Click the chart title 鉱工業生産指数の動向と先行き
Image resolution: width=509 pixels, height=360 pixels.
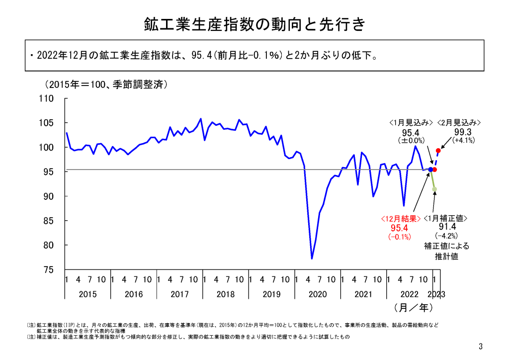(x=254, y=24)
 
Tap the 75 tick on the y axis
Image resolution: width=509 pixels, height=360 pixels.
(x=48, y=270)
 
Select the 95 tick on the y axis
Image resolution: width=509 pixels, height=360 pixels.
(x=48, y=172)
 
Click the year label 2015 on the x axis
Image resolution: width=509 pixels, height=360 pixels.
(x=87, y=294)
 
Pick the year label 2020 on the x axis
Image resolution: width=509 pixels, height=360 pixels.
(x=318, y=294)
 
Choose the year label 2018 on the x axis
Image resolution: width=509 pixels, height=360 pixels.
(x=226, y=294)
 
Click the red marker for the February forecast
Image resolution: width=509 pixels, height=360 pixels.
(x=438, y=150)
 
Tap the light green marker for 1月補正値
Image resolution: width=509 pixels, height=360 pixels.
(x=435, y=189)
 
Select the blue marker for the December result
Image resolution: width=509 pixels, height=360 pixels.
(x=430, y=170)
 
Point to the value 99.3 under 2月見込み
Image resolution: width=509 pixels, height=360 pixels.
(x=463, y=132)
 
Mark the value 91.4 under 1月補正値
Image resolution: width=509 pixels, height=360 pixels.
(x=446, y=227)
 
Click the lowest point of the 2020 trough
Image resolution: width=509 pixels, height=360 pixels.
(x=312, y=259)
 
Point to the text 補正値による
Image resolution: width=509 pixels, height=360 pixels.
(x=446, y=246)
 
